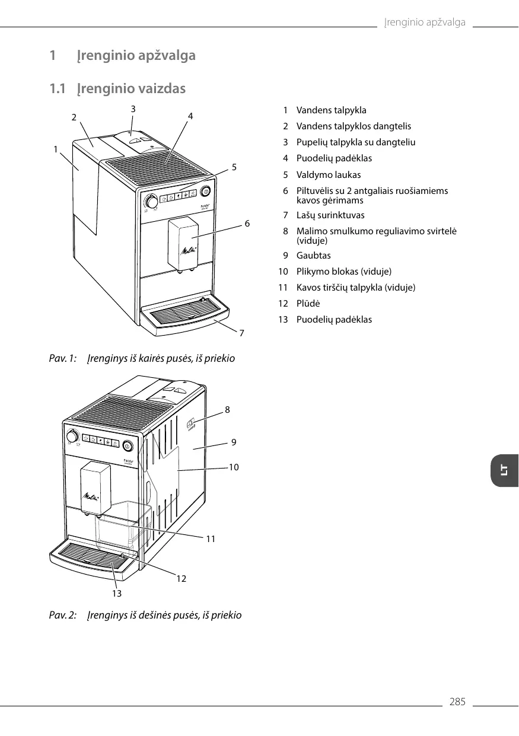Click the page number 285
point(457,702)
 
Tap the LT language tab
point(504,471)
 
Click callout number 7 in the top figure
point(241,333)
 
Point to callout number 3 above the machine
point(133,109)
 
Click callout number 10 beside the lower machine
point(234,467)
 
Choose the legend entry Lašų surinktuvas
point(330,215)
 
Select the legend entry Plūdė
point(308,304)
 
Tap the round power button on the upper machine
point(206,191)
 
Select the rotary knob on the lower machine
point(72,437)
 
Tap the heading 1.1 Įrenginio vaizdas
point(117,89)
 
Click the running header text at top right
point(424,23)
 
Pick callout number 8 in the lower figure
point(227,409)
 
